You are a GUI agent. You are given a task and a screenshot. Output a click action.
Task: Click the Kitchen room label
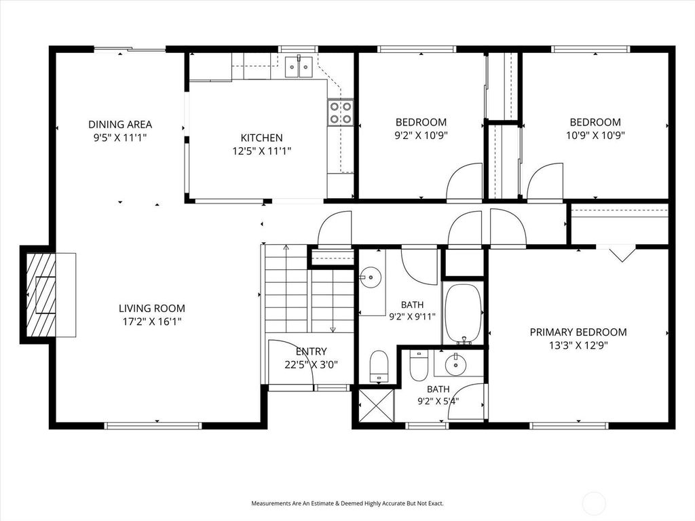tap(261, 138)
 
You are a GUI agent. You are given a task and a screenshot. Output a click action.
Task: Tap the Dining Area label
tap(120, 125)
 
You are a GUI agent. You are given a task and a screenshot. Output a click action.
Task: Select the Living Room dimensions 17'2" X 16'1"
tap(152, 321)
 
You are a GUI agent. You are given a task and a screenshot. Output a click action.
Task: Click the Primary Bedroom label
tap(578, 332)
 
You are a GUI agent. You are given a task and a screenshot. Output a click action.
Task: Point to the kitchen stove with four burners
tap(341, 113)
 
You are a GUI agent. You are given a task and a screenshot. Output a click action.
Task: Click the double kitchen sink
tap(299, 66)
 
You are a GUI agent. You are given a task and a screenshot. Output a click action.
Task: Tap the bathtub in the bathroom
tap(464, 313)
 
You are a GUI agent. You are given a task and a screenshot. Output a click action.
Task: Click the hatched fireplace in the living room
tap(41, 295)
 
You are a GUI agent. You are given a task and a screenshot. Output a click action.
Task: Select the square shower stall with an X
tap(376, 406)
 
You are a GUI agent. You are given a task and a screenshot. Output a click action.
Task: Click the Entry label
tap(311, 352)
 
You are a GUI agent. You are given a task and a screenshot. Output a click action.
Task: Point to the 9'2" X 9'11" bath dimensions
tap(412, 317)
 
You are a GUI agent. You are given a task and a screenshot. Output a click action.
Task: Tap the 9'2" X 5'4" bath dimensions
tap(438, 402)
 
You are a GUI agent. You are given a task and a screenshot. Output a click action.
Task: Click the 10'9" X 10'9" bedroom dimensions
tap(595, 135)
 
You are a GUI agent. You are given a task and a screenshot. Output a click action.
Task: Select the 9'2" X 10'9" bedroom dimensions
tap(421, 135)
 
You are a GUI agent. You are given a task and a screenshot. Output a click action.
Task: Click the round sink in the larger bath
tap(370, 277)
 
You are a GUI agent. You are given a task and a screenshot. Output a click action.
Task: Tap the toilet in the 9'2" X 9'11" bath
tap(379, 366)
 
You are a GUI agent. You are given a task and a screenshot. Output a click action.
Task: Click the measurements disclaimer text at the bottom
tap(347, 503)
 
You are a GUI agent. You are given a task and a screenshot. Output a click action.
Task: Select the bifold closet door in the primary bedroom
tap(622, 253)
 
